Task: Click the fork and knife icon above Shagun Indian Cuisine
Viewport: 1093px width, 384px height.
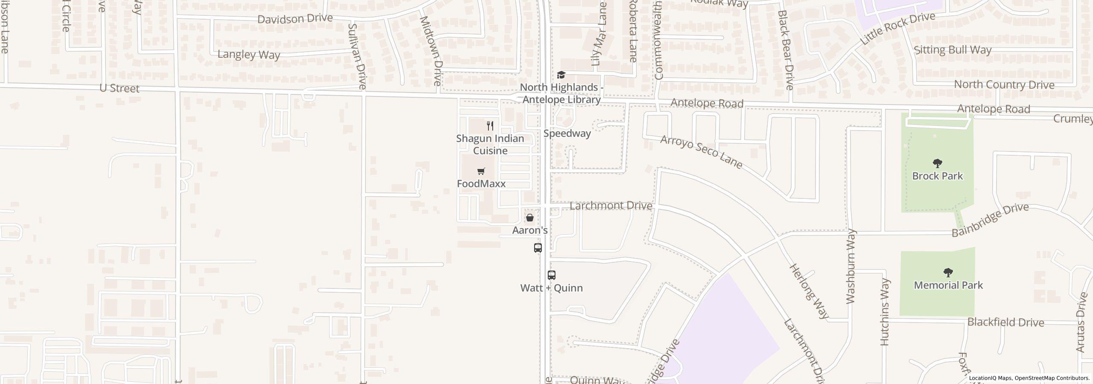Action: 490,126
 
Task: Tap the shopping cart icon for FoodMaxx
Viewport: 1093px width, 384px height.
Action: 481,172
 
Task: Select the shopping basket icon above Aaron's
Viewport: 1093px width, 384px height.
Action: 530,218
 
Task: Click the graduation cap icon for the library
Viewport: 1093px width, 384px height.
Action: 561,75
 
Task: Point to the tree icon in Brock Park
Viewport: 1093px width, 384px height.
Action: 938,163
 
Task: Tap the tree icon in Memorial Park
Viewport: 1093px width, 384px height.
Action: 948,273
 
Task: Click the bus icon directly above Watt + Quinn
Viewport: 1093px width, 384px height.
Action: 552,275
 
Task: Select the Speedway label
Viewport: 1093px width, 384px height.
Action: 567,134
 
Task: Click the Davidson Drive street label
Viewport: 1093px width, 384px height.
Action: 295,19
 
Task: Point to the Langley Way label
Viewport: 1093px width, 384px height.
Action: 248,55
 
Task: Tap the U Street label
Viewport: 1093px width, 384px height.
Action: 119,88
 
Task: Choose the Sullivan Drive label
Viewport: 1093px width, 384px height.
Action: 357,56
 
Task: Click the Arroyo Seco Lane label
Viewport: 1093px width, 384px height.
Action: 701,152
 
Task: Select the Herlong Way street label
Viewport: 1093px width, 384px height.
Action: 809,291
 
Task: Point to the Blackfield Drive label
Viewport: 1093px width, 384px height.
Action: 1005,322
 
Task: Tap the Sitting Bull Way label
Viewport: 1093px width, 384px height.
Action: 952,50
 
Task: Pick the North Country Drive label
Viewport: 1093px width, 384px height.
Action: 1004,84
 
